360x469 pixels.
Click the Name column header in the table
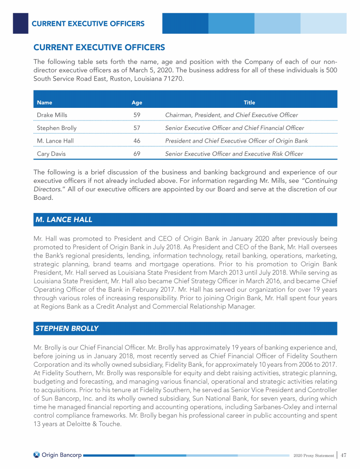(x=45, y=102)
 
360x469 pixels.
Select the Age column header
(x=137, y=102)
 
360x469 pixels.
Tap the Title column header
(x=249, y=102)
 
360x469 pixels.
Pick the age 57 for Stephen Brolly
(x=137, y=128)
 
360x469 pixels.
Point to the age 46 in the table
(x=137, y=141)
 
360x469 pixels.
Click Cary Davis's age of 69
(x=137, y=153)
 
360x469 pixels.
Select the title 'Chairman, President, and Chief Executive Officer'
(x=232, y=115)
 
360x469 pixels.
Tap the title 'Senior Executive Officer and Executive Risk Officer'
(x=234, y=153)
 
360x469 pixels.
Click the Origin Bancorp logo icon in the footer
(x=37, y=454)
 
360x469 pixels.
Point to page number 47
(x=344, y=454)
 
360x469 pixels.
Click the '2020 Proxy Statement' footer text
(x=313, y=455)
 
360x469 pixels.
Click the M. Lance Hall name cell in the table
(x=55, y=141)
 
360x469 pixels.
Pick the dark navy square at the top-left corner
(x=20, y=23)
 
